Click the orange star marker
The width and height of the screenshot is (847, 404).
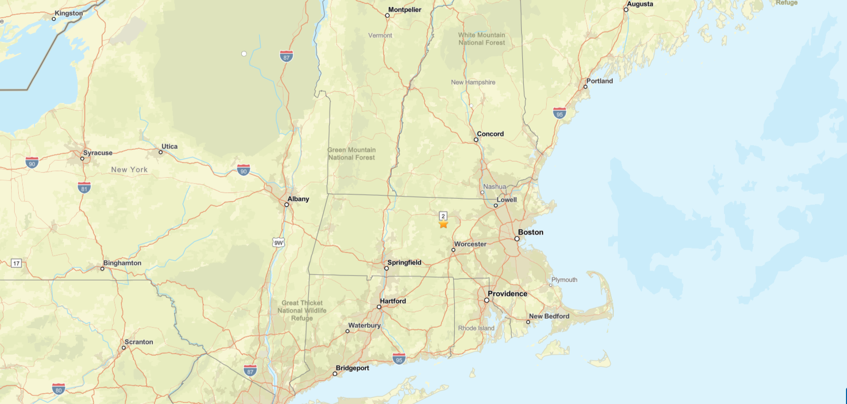444,224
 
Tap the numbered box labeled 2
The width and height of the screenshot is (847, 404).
443,216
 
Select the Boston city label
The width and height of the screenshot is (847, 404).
530,232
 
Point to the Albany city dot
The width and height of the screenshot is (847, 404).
287,205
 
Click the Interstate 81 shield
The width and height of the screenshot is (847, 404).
84,188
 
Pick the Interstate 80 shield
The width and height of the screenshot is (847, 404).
58,389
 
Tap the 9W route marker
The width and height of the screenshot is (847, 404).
278,242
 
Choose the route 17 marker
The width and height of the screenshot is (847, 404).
16,263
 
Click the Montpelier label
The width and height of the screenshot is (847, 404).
404,10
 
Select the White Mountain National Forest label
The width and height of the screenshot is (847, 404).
482,39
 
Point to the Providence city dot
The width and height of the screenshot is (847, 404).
487,300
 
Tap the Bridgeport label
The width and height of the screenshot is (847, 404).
352,368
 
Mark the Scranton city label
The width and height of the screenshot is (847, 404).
139,342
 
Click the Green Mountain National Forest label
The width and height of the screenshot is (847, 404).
352,153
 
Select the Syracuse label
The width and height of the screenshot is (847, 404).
98,153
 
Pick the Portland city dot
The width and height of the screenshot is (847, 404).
585,87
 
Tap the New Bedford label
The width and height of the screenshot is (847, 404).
549,316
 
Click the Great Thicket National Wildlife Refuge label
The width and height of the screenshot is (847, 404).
302,310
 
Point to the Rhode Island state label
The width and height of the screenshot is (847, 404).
476,328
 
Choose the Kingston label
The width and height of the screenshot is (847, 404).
69,13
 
